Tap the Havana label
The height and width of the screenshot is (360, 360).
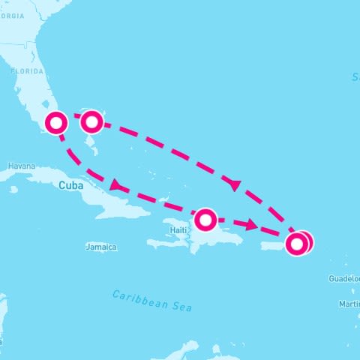21,166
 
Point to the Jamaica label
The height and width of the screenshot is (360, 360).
101,247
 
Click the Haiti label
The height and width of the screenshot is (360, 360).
178,229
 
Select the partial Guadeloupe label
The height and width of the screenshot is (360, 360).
344,278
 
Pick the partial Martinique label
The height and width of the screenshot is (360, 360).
349,304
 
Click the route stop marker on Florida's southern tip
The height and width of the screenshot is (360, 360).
56,122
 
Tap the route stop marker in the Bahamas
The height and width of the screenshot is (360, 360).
91,121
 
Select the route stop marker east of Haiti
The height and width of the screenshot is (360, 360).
205,220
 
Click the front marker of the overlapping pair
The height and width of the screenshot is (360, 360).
298,244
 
